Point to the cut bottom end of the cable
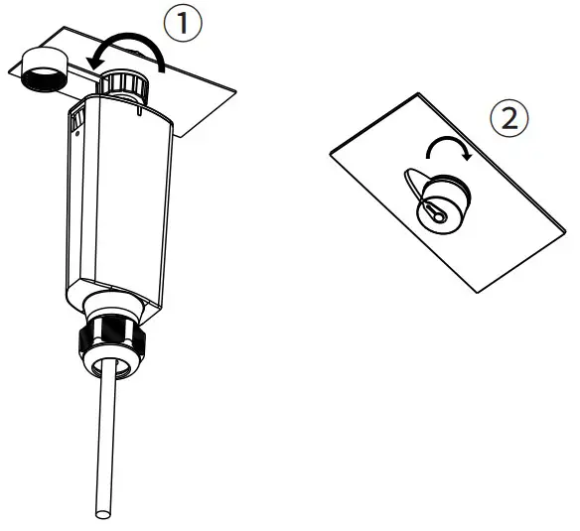pyautogui.click(x=103, y=513)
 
